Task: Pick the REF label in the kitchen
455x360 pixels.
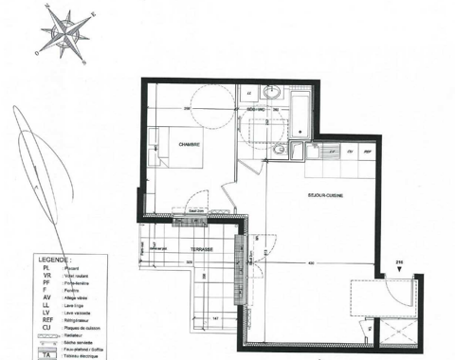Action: [368, 152]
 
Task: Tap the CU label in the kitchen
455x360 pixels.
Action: [350, 152]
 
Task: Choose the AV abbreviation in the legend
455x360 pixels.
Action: [45, 297]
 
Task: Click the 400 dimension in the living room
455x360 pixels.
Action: [308, 262]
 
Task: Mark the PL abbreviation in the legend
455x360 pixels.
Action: [45, 269]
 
